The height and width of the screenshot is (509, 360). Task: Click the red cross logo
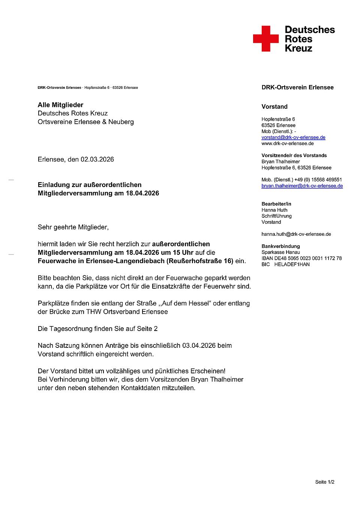point(266,39)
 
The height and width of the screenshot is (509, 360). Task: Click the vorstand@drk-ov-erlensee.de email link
point(293,138)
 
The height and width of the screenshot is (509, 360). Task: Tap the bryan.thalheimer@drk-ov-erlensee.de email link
point(302,186)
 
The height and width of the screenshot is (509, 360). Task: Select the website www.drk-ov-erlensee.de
point(288,144)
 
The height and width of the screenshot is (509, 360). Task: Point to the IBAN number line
point(301,258)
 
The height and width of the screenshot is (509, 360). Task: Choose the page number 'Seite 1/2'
point(324,482)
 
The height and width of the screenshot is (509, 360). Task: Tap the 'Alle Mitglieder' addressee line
point(60,105)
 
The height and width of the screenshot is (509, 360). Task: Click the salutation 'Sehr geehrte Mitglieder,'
point(73,227)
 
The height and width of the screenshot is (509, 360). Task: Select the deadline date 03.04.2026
point(199,345)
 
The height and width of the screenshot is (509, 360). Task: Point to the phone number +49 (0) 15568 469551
point(318,180)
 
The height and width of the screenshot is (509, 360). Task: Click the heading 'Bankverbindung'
point(280,246)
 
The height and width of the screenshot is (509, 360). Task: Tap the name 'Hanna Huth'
point(274,210)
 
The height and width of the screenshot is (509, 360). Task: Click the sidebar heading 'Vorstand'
point(274,106)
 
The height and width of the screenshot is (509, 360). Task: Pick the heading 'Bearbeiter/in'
point(276,204)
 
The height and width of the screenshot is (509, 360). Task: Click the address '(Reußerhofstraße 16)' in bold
point(200,261)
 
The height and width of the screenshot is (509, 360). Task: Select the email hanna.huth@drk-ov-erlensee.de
point(296,234)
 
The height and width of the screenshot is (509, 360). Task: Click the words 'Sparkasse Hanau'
point(280,252)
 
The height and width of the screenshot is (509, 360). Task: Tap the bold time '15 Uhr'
point(183,252)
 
